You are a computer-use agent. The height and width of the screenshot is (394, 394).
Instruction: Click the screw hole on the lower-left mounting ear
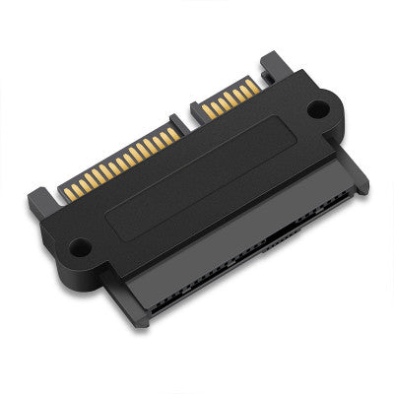pyautogui.click(x=81, y=247)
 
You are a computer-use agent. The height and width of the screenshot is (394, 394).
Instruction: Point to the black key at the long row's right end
pyautogui.click(x=186, y=115)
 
